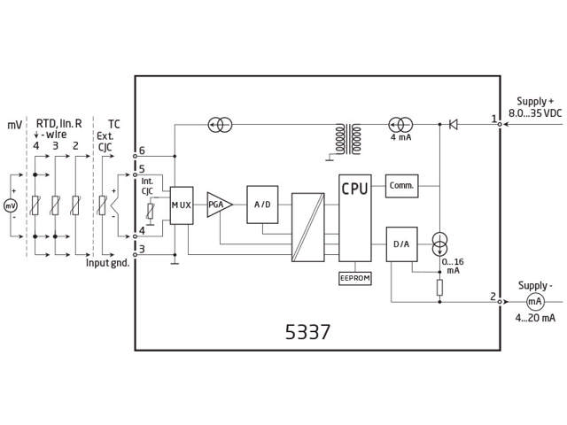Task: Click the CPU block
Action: pyautogui.click(x=355, y=217)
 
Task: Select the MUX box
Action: pyautogui.click(x=181, y=205)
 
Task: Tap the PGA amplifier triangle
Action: pyautogui.click(x=218, y=205)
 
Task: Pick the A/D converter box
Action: pyautogui.click(x=262, y=205)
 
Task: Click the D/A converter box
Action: pyautogui.click(x=401, y=244)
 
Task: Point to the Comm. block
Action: pyautogui.click(x=401, y=186)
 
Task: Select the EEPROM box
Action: pyautogui.click(x=355, y=278)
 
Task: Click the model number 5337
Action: pyautogui.click(x=308, y=333)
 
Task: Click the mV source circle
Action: pyautogui.click(x=12, y=205)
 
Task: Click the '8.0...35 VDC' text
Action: pyautogui.click(x=535, y=114)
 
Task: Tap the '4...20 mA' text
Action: pyautogui.click(x=536, y=317)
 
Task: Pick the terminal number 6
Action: pyautogui.click(x=142, y=151)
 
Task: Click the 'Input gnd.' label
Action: pyautogui.click(x=108, y=263)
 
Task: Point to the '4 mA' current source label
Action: pyautogui.click(x=401, y=138)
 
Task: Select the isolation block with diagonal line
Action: pyautogui.click(x=308, y=228)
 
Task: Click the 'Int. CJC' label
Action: pyautogui.click(x=147, y=185)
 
